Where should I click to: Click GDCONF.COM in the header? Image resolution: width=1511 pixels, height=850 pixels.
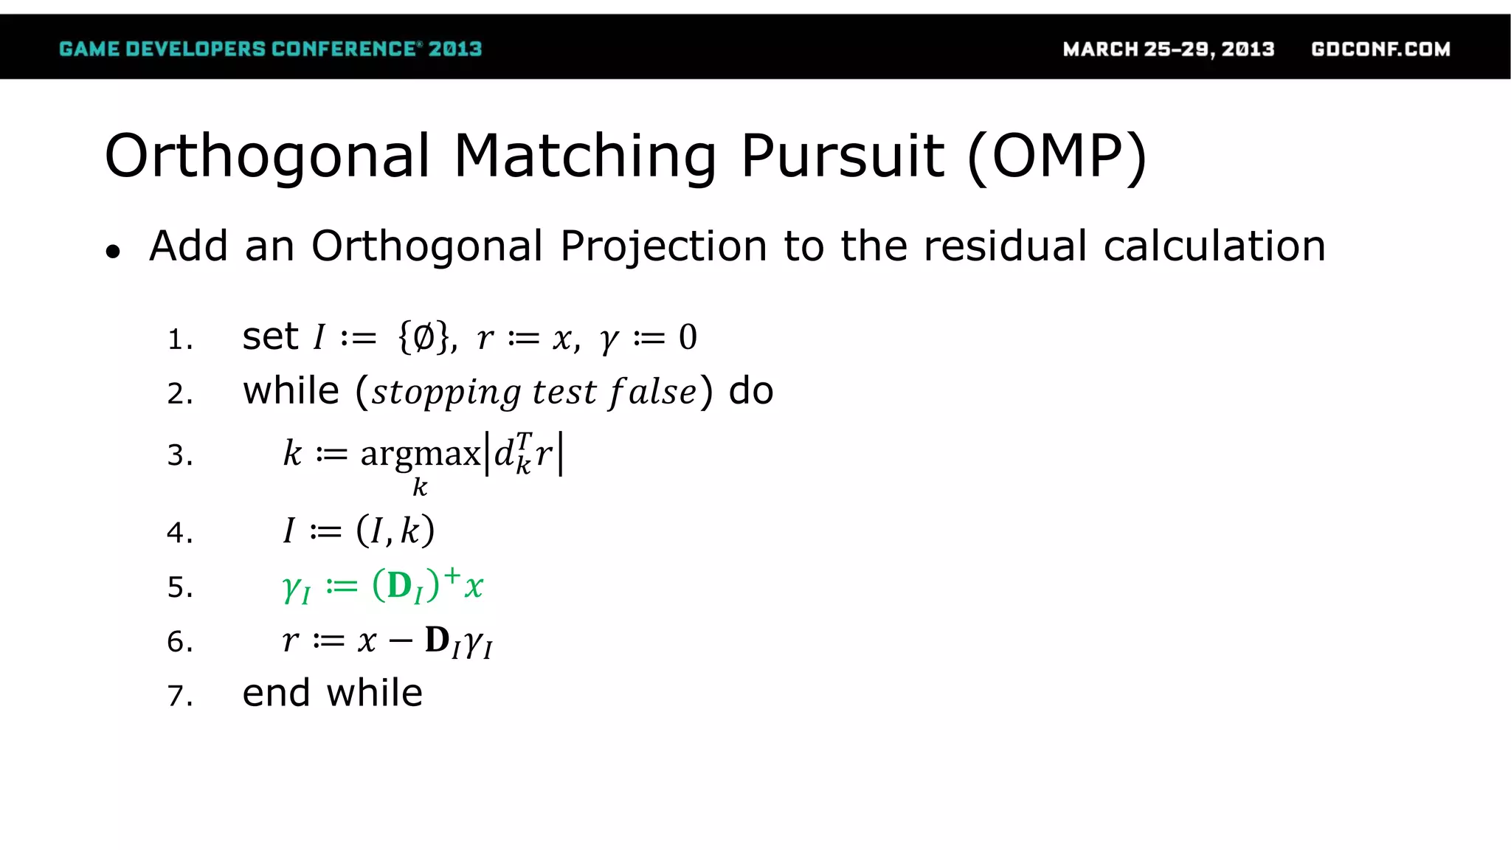1380,49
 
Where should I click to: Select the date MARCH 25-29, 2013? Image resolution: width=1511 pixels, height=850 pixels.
1169,49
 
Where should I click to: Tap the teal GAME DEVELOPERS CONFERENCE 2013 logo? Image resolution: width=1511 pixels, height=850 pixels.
270,49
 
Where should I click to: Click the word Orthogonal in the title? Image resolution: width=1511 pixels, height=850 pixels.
267,157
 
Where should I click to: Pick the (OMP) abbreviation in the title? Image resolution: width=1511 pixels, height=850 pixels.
1057,157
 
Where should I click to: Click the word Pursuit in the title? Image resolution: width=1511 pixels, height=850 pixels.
843,157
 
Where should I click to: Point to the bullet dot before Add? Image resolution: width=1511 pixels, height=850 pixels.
113,252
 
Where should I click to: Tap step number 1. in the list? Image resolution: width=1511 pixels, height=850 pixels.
180,340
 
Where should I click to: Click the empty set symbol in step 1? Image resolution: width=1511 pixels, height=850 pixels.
423,338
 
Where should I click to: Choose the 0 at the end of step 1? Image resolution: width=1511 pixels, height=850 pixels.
688,338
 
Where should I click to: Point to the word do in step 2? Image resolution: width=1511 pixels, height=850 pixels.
751,391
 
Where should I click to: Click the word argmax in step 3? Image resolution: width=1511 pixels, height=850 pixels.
420,453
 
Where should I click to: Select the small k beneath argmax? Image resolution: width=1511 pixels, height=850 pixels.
420,487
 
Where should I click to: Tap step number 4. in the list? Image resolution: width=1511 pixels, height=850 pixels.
180,533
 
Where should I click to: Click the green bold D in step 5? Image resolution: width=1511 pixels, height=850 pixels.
399,586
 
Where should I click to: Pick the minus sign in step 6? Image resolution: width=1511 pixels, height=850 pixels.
400,640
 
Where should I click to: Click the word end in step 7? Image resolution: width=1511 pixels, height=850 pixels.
276,694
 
